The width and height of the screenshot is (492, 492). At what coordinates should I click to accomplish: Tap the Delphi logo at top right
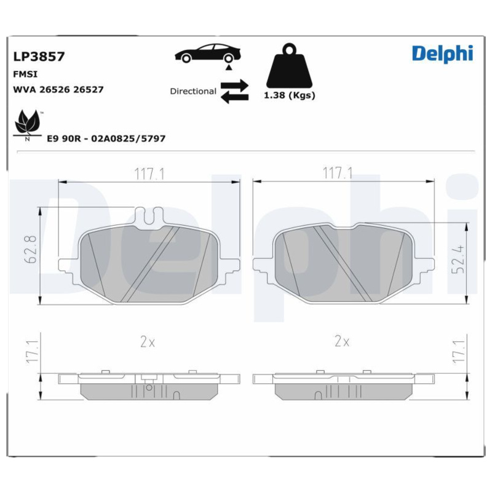442,53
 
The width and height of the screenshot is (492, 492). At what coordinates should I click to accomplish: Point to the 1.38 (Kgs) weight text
289,95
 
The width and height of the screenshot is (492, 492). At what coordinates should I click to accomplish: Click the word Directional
193,91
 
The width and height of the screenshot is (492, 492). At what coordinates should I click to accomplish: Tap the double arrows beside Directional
234,90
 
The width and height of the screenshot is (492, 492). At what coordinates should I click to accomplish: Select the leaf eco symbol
28,124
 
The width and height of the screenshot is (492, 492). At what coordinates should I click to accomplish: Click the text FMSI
24,73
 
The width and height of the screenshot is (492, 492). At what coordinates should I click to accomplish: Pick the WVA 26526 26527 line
58,89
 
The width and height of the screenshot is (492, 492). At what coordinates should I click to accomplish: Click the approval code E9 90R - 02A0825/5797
106,139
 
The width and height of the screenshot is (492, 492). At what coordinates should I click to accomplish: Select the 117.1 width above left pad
150,174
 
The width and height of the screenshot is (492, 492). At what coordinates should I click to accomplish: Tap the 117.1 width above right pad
338,174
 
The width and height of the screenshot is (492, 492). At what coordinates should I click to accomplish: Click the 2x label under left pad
147,342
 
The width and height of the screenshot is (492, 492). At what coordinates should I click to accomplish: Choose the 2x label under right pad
342,342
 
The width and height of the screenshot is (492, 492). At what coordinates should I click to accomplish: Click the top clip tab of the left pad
148,216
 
